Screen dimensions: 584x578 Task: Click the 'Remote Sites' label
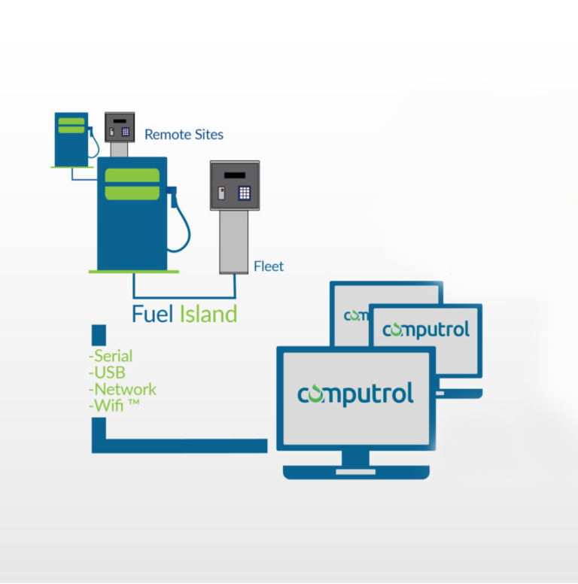tap(184, 135)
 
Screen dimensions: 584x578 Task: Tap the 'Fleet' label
tap(269, 266)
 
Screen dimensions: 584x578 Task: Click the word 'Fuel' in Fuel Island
tap(153, 313)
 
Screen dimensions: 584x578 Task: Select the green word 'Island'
tap(208, 313)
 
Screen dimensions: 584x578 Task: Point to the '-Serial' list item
tap(111, 356)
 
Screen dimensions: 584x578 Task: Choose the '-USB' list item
tap(107, 373)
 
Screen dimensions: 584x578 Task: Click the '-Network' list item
tap(122, 389)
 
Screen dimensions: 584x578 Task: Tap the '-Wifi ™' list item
tap(113, 406)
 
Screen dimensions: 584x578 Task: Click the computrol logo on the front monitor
tap(355, 394)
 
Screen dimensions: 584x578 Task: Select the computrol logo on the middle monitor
tap(426, 330)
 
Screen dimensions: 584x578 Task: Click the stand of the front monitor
tap(356, 461)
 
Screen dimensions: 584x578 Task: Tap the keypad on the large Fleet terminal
tap(245, 192)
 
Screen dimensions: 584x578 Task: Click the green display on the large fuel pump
tap(132, 184)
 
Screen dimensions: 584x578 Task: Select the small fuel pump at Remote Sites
tap(71, 138)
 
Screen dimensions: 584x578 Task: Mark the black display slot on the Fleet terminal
tap(234, 175)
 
